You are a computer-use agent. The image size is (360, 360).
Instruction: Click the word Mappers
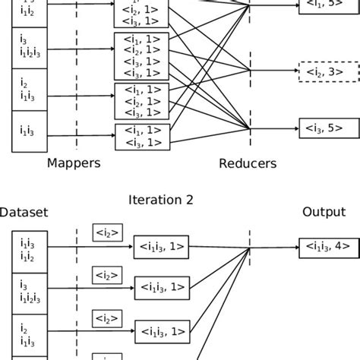coord(74,163)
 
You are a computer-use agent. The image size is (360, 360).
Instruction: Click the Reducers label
coord(248,163)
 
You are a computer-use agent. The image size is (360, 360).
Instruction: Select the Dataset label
coord(24,213)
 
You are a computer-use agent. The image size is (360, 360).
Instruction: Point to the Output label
coord(324,213)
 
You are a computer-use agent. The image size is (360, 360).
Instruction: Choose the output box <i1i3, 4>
coord(324,245)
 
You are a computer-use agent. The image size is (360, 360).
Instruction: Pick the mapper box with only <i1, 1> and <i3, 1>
coord(141,136)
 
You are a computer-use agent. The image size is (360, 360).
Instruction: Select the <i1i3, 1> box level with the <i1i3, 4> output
coord(162,245)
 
